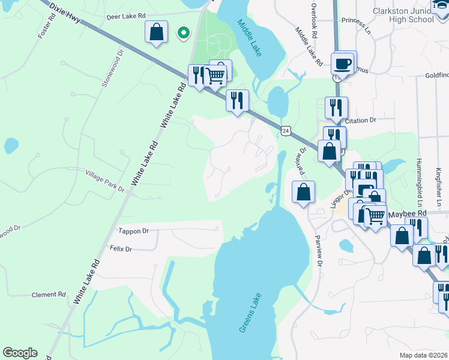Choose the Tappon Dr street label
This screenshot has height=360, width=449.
[133, 230]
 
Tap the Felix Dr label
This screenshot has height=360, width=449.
[120, 248]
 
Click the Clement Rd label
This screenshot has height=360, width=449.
[48, 295]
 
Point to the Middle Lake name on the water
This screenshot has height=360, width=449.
[249, 38]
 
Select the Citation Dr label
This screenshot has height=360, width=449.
[360, 120]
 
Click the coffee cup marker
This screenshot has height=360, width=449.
[343, 63]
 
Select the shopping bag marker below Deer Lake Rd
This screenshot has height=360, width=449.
[156, 32]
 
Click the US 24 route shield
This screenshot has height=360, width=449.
[286, 130]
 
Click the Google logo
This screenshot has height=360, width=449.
[20, 353]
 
